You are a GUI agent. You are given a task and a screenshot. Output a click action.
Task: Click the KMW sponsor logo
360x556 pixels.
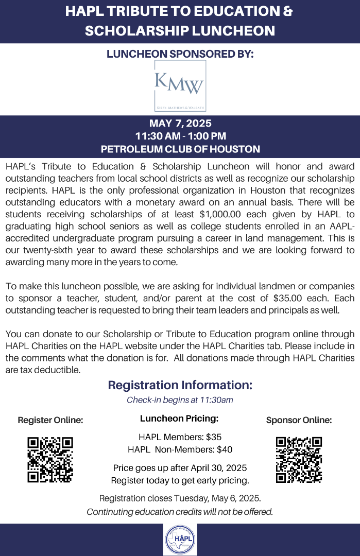180,86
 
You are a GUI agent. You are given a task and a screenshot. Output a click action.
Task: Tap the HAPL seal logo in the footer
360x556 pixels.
180,539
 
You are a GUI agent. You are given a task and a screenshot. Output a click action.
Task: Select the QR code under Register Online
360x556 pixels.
50,460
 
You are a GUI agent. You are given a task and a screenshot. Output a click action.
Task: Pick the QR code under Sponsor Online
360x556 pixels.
299,460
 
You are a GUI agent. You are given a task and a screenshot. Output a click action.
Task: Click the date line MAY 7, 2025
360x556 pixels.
180,124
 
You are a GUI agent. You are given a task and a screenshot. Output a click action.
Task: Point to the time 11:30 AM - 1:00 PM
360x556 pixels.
180,136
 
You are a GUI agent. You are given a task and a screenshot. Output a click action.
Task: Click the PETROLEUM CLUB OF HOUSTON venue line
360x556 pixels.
180,149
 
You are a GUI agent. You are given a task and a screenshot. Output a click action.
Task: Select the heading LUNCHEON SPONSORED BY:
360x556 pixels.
180,54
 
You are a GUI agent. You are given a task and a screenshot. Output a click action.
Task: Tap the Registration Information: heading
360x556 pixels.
180,385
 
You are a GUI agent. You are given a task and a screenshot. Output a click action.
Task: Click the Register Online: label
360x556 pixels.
50,420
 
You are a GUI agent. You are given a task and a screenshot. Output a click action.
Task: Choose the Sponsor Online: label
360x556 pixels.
299,420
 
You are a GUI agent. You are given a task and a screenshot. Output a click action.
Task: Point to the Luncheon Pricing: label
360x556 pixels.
179,419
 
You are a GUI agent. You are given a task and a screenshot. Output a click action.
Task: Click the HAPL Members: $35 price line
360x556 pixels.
180,437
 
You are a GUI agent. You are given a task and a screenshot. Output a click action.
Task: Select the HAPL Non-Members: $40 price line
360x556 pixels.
180,449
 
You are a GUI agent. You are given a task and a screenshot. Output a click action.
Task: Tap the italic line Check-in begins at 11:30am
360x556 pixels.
180,400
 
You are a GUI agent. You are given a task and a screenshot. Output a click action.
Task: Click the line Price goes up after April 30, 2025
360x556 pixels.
180,468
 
